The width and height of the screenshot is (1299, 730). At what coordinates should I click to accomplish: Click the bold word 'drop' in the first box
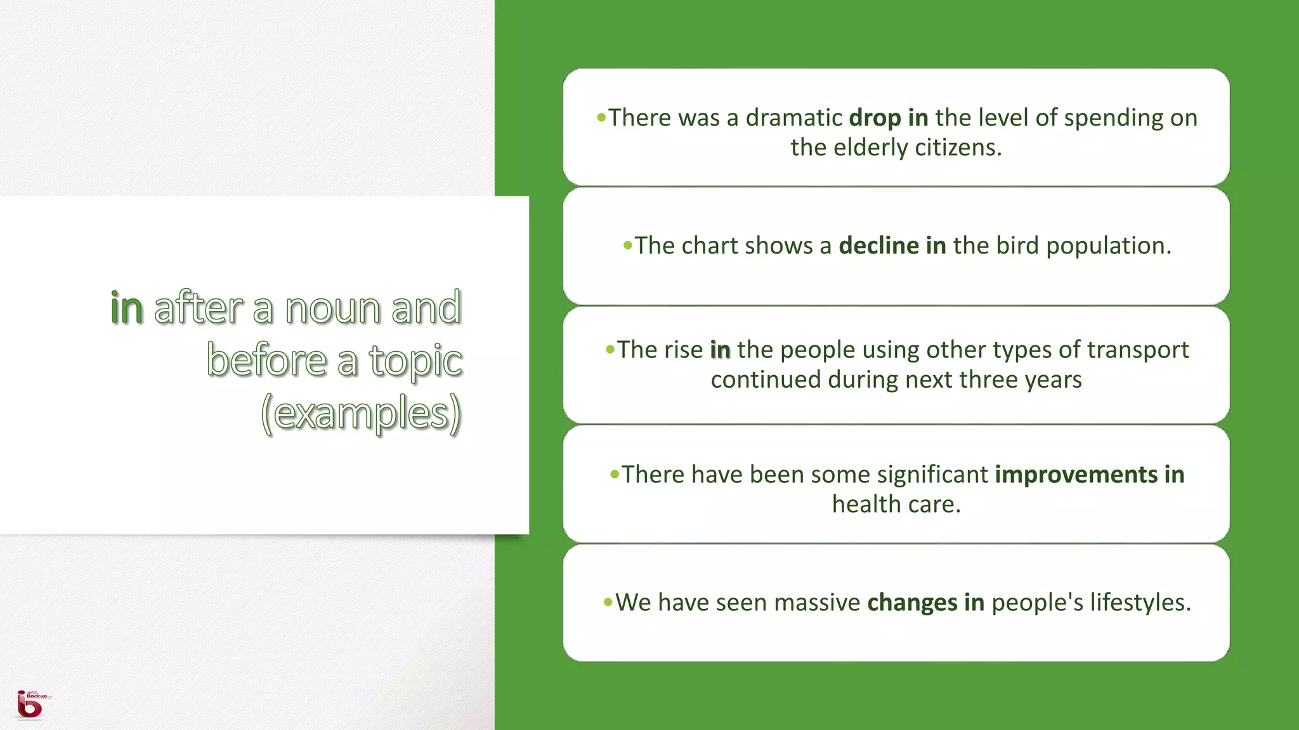click(x=875, y=118)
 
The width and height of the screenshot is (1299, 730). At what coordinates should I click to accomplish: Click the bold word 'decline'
click(x=878, y=246)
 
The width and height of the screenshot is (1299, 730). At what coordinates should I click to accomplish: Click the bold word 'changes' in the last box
click(x=912, y=603)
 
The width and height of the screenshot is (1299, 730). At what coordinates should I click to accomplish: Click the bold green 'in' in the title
click(x=127, y=309)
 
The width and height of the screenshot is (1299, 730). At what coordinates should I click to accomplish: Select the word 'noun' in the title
click(x=332, y=309)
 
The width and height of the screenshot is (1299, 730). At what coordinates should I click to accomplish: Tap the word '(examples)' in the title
click(x=361, y=413)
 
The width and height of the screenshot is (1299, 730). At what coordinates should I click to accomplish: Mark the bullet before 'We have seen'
click(x=608, y=602)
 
